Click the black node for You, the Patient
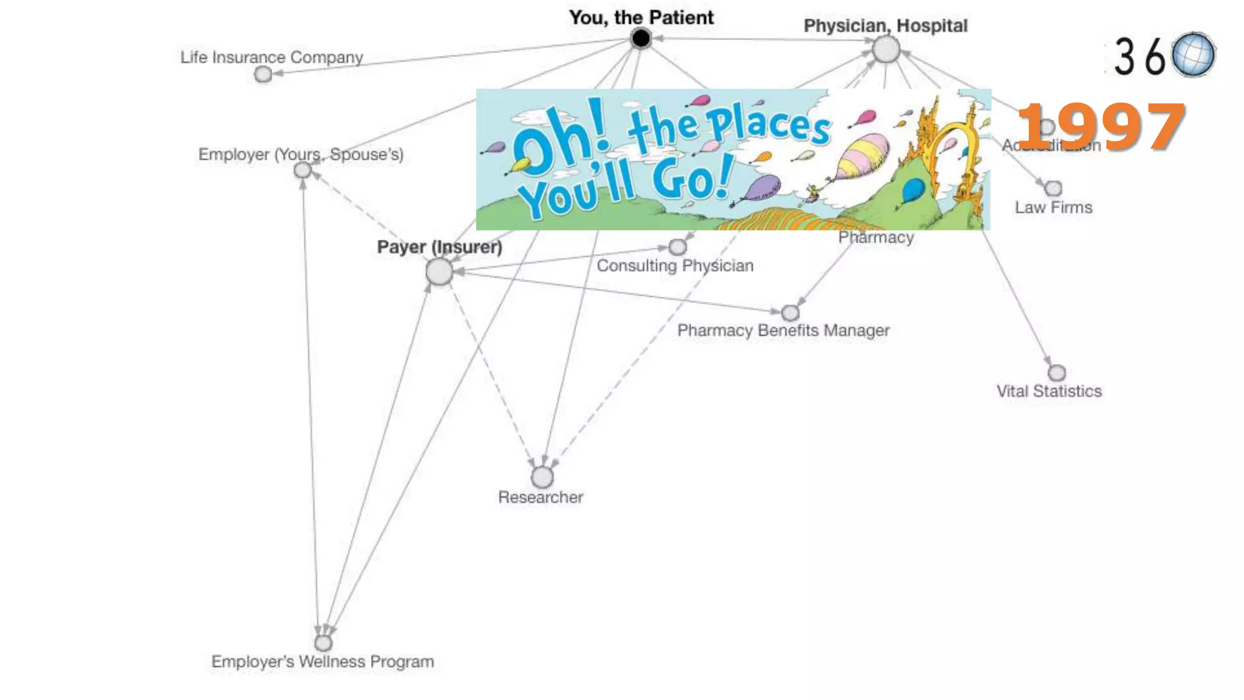[640, 39]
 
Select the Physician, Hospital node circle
[886, 49]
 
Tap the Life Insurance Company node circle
[263, 74]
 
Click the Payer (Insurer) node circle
[439, 272]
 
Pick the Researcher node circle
[542, 477]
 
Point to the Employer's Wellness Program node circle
[323, 642]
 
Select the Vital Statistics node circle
[1057, 372]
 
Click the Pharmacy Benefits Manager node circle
[790, 313]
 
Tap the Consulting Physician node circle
[677, 247]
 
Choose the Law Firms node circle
[1054, 188]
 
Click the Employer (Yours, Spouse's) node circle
[302, 171]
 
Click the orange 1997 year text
[1101, 127]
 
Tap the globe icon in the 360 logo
[1193, 55]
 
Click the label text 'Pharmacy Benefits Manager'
[783, 331]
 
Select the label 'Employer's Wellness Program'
[323, 662]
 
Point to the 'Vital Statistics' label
[1049, 391]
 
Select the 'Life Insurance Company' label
[272, 57]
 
